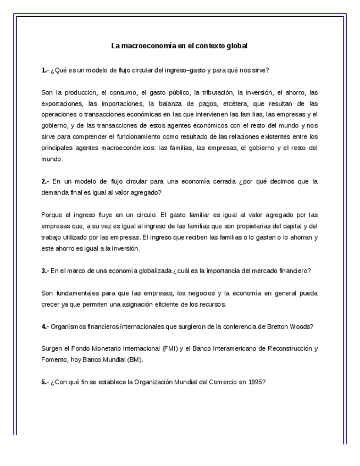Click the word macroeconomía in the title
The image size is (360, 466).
click(x=147, y=46)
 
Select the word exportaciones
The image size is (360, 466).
click(x=59, y=103)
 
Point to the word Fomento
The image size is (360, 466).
click(x=53, y=359)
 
